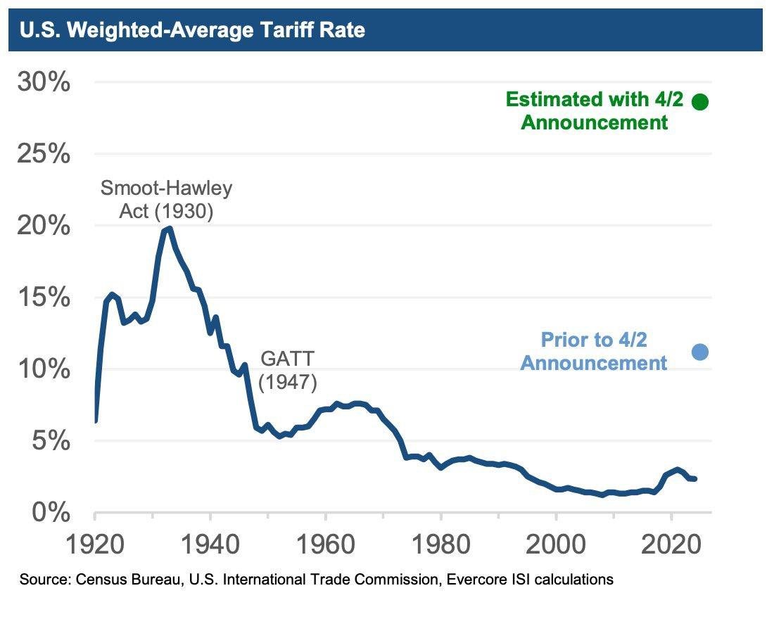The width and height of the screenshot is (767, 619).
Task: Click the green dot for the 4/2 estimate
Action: coord(699,102)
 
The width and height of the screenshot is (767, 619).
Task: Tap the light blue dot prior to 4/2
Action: coord(699,352)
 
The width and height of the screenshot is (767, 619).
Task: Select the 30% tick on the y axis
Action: coord(44,83)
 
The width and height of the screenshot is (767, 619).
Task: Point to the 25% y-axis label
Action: coord(44,154)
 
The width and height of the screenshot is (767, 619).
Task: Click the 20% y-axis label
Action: coord(44,226)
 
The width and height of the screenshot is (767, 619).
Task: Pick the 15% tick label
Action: coord(44,298)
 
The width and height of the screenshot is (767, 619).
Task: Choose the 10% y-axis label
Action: coord(44,369)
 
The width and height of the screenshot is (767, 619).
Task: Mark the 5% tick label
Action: coord(51,441)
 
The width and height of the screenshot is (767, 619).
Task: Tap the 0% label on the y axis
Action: coord(51,512)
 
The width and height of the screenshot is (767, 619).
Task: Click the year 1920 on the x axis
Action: coord(95,546)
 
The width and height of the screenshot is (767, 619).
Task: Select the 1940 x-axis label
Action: coord(210,546)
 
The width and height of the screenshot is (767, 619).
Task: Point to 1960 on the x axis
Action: coord(325,546)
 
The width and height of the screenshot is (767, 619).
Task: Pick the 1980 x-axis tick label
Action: coord(440,546)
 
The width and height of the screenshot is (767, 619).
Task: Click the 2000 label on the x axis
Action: coord(556,546)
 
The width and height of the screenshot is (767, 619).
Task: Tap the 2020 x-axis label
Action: coord(671,546)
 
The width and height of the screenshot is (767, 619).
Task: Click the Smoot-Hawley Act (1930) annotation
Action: coord(166,199)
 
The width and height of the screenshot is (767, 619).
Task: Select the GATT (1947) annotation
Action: coord(288,370)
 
